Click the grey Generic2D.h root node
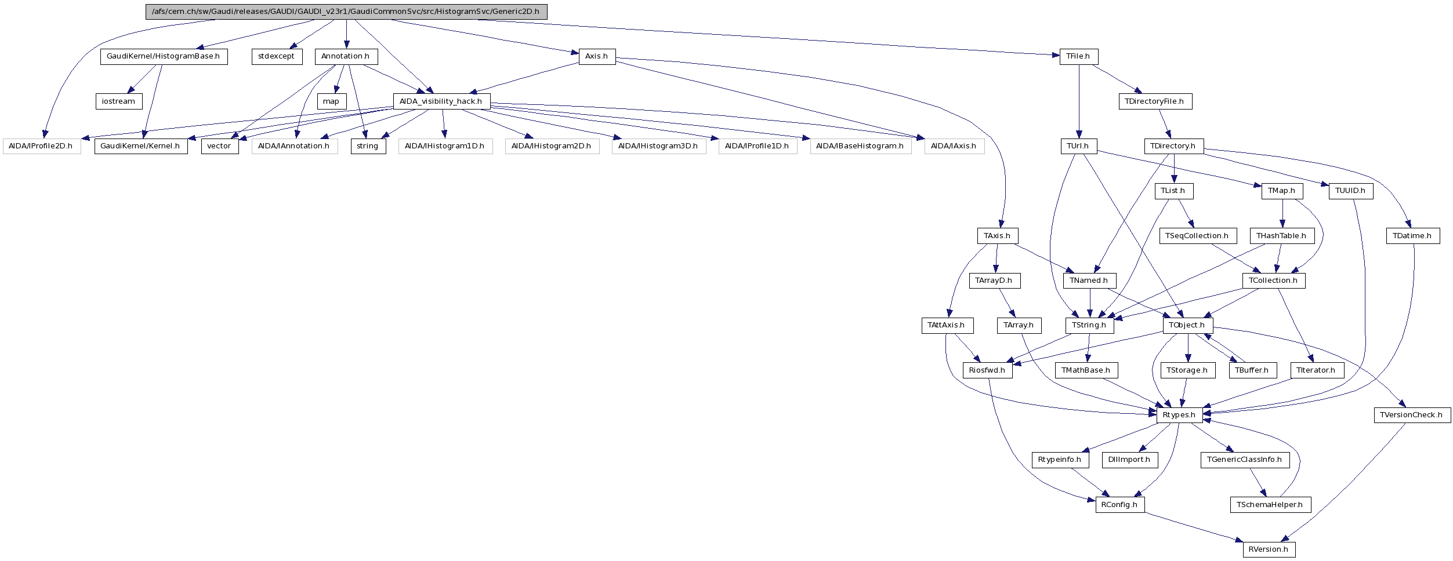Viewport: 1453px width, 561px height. (x=346, y=12)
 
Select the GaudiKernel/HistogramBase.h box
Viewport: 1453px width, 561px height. (x=164, y=57)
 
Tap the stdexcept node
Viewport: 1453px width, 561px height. (x=277, y=57)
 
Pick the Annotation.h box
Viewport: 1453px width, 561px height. (x=346, y=57)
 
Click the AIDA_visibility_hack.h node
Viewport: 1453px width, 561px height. (x=441, y=101)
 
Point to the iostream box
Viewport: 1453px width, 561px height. (x=119, y=101)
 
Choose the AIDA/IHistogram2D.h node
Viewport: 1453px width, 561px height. (x=552, y=146)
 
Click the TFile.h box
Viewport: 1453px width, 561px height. (x=1078, y=57)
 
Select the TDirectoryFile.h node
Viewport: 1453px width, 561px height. (x=1155, y=101)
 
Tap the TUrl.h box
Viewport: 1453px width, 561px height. (x=1078, y=146)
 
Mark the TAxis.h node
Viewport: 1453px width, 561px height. (x=997, y=236)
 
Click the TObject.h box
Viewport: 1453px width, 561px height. (x=1187, y=325)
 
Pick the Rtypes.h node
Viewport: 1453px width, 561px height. (x=1179, y=415)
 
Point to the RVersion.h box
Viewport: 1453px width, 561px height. (x=1269, y=549)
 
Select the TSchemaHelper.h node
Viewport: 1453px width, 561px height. (x=1270, y=505)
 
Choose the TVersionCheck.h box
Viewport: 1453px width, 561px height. (x=1412, y=415)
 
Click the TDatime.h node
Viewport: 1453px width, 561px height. (x=1412, y=236)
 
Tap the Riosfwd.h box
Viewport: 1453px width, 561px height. (x=987, y=370)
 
